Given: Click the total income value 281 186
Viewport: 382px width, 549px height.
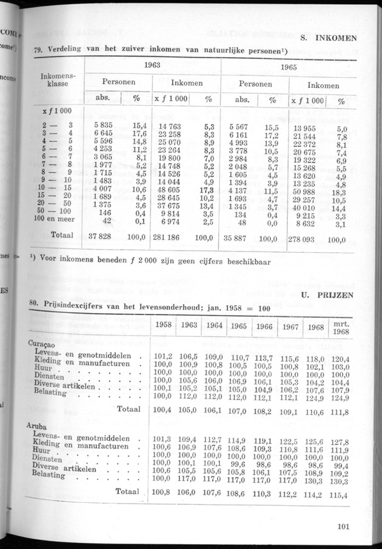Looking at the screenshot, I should click(x=173, y=236).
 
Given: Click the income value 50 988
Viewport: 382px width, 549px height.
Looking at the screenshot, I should click(x=309, y=192).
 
